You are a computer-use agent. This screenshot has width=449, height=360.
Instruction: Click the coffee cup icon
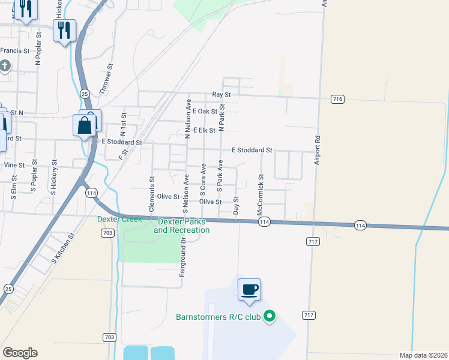pos(249,290)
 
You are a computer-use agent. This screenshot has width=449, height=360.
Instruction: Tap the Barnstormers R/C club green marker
pos(270,315)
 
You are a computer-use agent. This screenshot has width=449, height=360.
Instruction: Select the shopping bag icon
pos(85,126)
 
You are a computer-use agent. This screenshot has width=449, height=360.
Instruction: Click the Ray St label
pos(221,95)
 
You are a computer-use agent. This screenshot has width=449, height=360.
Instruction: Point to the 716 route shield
pos(337,98)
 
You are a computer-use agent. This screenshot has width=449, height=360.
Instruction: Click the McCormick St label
pos(261,195)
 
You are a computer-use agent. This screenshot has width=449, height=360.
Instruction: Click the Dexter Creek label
pos(120,219)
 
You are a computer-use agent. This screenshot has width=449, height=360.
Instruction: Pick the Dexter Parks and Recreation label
pos(182,226)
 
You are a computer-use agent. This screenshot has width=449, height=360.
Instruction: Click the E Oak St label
pos(204,112)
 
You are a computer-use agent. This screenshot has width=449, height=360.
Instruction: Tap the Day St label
pos(236,206)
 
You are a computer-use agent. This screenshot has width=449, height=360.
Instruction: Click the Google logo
pos(20,353)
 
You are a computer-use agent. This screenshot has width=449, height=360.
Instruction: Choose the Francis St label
pos(15,51)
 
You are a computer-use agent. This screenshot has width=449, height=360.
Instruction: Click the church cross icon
pos(5,65)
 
